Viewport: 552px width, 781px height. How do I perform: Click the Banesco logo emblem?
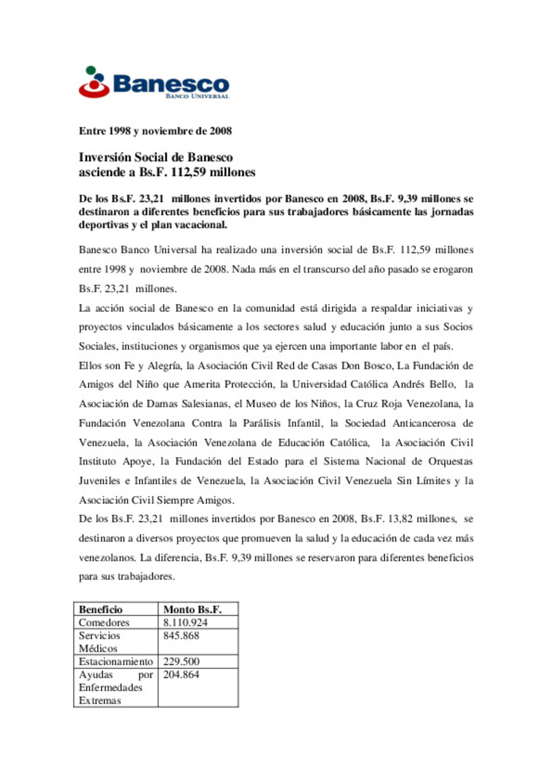point(94,82)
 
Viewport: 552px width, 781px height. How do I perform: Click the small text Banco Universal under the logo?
point(197,96)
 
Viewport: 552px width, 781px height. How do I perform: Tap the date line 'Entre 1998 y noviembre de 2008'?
point(155,131)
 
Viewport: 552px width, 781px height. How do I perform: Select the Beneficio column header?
point(101,609)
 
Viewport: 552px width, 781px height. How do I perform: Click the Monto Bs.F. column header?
point(192,609)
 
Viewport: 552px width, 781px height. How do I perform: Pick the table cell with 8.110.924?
point(186,623)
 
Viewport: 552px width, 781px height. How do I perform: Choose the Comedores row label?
point(104,623)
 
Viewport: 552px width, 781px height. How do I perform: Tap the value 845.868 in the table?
point(181,636)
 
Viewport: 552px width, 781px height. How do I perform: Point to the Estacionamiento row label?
point(116,661)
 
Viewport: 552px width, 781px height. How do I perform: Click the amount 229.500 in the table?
point(181,661)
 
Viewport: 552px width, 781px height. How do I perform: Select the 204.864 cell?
point(181,675)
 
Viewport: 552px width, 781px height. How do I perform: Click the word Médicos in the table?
point(98,649)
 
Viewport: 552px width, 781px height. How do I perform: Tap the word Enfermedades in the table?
point(110,687)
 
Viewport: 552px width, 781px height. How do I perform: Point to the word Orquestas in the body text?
point(450,462)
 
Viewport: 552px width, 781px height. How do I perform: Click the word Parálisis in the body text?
point(262,423)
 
